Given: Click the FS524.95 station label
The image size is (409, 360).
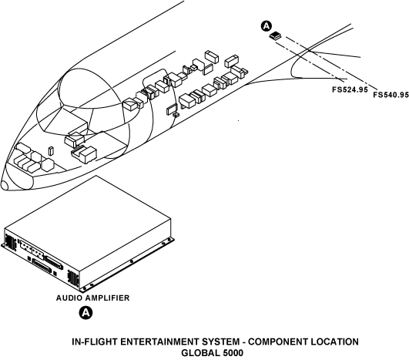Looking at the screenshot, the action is (350, 89).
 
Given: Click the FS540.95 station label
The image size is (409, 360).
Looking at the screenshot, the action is (391, 95).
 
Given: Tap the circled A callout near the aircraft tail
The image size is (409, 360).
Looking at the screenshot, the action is (266, 26).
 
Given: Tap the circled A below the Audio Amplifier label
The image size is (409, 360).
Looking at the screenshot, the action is (85, 312).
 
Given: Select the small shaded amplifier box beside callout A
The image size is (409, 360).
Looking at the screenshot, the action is (275, 35).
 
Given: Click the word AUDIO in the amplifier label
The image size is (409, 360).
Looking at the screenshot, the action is (69, 298).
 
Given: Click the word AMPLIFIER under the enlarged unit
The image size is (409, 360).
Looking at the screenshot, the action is (108, 298).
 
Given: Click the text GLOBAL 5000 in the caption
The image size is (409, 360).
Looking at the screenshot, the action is (213, 353).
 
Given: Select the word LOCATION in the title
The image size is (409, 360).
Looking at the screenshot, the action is (334, 341).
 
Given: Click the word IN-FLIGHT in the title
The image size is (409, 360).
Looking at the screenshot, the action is (95, 341).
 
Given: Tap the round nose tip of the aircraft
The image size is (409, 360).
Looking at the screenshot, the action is (5, 185).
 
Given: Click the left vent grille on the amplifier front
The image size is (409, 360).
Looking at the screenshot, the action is (11, 241).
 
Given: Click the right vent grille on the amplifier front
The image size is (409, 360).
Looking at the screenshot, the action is (73, 278).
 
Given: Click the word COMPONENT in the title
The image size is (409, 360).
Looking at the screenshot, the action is (277, 341).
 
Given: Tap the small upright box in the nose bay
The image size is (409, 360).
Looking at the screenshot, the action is (51, 150).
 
